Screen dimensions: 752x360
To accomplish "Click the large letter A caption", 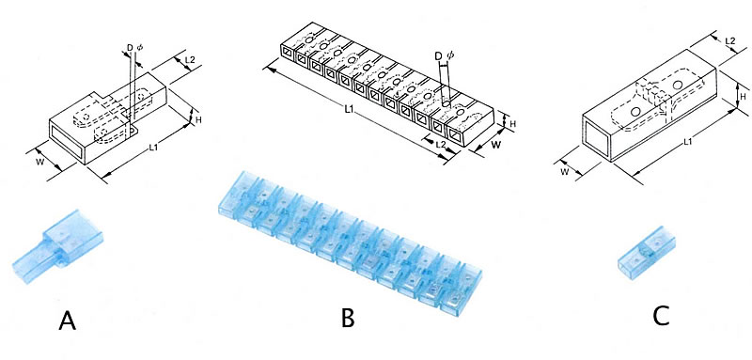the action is point(67,321).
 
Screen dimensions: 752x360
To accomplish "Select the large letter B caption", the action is point(348,318).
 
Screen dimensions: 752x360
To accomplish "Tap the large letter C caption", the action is point(662,316).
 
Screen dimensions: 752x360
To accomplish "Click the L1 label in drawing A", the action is point(153,149).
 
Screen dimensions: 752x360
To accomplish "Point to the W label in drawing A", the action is point(40,162).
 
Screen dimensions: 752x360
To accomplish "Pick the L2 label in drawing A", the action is point(190,60).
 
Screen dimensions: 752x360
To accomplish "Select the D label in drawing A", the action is point(130,48).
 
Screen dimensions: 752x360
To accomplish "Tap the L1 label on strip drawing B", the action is point(350,110).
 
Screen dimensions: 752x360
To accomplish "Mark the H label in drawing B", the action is point(512,124).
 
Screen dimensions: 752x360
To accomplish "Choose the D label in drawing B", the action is point(438,56).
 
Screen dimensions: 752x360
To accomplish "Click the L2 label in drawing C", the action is point(730,42).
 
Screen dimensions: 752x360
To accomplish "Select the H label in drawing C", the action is point(743,97).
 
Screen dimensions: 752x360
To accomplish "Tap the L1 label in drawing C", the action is point(688,141).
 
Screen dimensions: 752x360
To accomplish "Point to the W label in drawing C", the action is point(565,172).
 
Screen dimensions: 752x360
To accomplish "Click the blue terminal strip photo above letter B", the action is point(350,243).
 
